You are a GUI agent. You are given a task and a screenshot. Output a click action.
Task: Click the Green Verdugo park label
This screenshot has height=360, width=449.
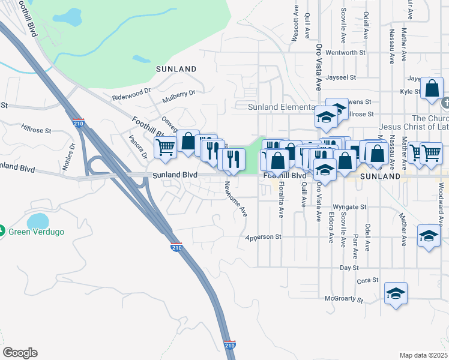tap(35, 231)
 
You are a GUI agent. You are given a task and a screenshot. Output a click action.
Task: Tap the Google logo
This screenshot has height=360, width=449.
tap(20, 353)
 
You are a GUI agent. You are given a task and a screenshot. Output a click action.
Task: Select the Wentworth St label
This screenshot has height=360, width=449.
tap(346, 53)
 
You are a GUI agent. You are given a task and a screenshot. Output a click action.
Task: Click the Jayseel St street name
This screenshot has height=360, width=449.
tap(341, 77)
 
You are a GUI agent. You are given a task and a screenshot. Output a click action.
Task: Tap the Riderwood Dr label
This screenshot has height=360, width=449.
tap(131, 94)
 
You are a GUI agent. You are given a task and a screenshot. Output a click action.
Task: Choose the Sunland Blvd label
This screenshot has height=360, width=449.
tap(175, 175)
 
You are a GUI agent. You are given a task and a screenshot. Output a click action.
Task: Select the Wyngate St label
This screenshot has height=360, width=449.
tap(349, 207)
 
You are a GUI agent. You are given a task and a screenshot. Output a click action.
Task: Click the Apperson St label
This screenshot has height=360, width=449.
tap(264, 237)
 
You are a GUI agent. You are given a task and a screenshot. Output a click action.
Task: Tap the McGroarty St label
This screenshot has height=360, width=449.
tap(344, 299)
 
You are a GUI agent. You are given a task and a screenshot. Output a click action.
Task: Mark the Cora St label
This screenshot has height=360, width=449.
tap(367, 280)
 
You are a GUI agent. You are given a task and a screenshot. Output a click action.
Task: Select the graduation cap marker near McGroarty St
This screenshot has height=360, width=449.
tap(396, 293)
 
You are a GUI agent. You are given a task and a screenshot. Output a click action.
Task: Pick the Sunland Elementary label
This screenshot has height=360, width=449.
tap(282, 107)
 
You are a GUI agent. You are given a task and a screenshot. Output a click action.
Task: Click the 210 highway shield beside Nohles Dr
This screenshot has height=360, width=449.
tap(77, 124)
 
